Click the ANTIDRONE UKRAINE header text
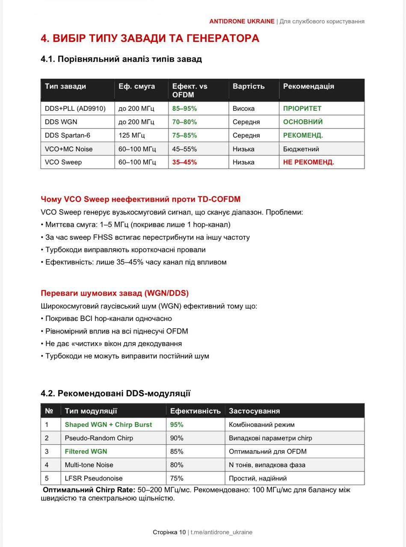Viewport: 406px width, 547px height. [x=242, y=21]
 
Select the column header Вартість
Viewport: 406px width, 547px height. [x=249, y=86]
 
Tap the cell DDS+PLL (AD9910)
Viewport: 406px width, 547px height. [x=75, y=109]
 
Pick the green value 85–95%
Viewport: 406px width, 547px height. [x=184, y=109]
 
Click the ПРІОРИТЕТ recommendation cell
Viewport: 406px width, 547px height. [x=302, y=109]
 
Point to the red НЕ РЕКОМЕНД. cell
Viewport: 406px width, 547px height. [x=308, y=162]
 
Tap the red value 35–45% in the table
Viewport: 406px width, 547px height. [x=184, y=162]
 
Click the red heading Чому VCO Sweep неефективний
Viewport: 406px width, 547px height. [x=140, y=199]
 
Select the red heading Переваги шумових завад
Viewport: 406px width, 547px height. [x=115, y=293]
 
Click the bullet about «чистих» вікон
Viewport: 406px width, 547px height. [x=111, y=344]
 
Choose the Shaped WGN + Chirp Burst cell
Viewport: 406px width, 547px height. [x=108, y=425]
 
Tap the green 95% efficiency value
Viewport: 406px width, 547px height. [x=177, y=425]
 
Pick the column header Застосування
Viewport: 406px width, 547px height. [x=254, y=411]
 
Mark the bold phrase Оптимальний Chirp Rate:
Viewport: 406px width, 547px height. [x=89, y=490]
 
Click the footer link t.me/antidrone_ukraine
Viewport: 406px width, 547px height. [x=221, y=532]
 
